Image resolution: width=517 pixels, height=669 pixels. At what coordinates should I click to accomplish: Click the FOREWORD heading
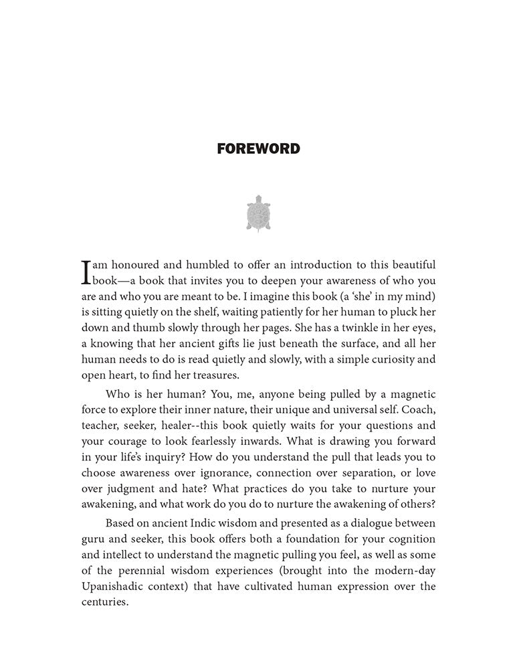258,149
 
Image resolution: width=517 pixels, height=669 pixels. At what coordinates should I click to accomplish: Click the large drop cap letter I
86,272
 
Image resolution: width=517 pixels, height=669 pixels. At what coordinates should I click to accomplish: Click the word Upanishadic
116,587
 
